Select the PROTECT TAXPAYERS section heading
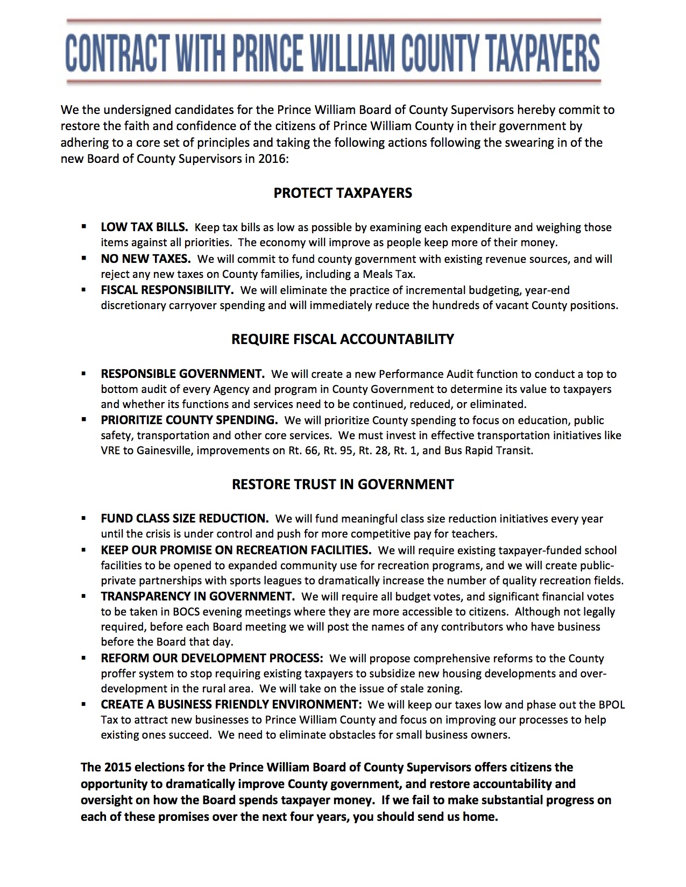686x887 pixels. pyautogui.click(x=343, y=193)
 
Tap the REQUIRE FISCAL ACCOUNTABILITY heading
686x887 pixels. pyautogui.click(x=343, y=339)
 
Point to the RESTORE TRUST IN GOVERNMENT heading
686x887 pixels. pyautogui.click(x=343, y=484)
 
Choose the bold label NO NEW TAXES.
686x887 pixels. pyautogui.click(x=146, y=259)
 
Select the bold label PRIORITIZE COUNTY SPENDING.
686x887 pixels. pyautogui.click(x=189, y=420)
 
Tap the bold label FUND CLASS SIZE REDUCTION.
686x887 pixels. pyautogui.click(x=185, y=519)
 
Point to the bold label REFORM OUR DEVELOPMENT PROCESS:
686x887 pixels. pyautogui.click(x=212, y=659)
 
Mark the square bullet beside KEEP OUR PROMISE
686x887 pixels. pyautogui.click(x=83, y=550)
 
